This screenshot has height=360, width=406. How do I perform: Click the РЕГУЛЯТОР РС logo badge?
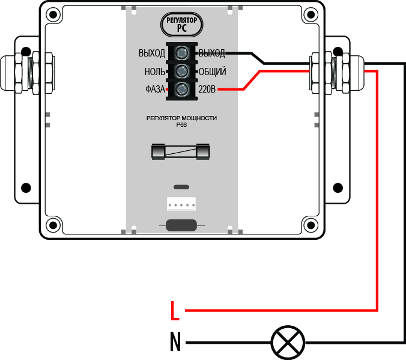[x=182, y=25]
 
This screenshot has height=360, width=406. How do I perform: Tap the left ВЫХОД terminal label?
[x=151, y=53]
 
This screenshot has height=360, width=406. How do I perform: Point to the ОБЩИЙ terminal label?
[x=212, y=72]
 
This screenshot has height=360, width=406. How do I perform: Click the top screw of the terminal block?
[x=181, y=53]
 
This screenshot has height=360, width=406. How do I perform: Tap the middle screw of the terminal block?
[x=181, y=72]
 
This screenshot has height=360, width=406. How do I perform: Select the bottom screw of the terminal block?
[x=181, y=90]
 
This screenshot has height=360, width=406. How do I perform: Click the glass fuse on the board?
[x=181, y=151]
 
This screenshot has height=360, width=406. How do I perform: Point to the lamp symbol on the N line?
[x=288, y=343]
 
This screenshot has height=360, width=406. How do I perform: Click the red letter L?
[x=175, y=311]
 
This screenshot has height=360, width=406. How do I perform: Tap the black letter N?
[x=175, y=343]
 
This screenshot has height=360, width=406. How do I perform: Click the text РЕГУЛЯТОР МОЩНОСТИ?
[x=181, y=118]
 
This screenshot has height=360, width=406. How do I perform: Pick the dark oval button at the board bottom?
[x=181, y=225]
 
